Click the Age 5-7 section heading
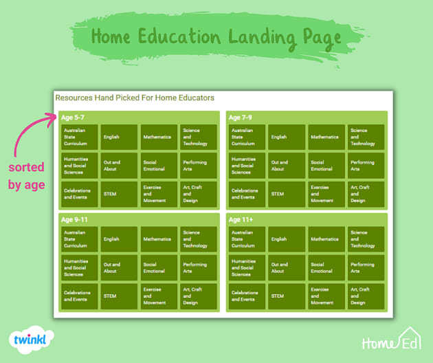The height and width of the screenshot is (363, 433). click(x=73, y=118)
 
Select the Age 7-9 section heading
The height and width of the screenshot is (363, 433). click(x=241, y=118)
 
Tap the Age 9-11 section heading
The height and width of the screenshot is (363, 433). click(x=74, y=219)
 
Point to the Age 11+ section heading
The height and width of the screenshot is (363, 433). click(x=241, y=219)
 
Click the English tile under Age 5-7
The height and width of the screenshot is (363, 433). click(x=119, y=137)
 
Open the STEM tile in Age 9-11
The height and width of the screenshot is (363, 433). click(x=119, y=296)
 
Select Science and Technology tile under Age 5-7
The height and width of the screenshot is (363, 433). click(x=198, y=137)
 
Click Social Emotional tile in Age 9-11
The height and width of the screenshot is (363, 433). click(x=159, y=267)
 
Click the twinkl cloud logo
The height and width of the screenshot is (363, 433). click(x=32, y=340)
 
